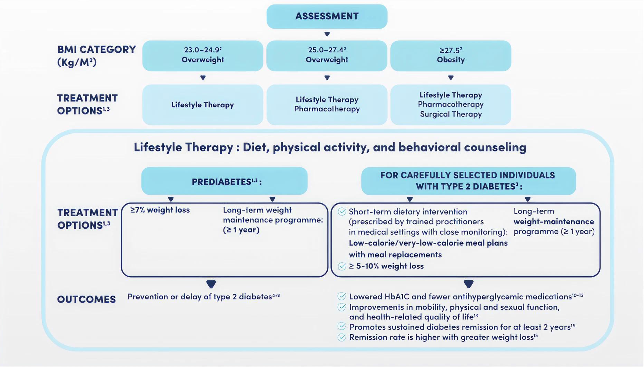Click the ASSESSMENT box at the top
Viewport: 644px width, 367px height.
(327, 16)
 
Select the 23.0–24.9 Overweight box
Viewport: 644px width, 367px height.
(202, 56)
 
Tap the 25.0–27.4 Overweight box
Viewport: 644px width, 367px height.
(327, 56)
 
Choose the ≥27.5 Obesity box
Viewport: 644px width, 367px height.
(450, 56)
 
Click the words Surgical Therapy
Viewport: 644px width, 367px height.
(450, 114)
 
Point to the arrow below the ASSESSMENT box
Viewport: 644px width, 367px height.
(327, 34)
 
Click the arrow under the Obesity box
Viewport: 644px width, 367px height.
(450, 78)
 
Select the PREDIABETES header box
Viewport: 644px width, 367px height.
(224, 181)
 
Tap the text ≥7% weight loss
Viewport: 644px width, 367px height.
(160, 210)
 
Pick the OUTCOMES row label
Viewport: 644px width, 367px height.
(86, 299)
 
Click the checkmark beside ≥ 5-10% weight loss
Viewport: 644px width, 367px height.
(342, 266)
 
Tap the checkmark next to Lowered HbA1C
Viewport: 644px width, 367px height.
(341, 296)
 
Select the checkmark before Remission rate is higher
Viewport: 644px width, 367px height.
(341, 337)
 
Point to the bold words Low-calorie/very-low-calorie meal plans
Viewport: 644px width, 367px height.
(428, 243)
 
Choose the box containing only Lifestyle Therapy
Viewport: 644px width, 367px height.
(202, 105)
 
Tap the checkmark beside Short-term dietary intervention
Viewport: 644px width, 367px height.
(342, 211)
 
